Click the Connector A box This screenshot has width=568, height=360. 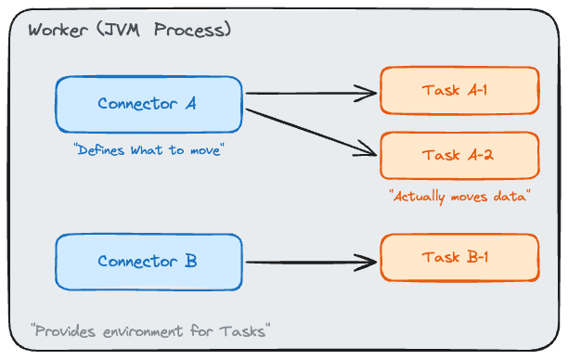(148, 103)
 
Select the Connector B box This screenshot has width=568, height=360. (148, 261)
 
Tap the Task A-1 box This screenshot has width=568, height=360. (459, 90)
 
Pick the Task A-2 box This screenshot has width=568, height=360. (459, 155)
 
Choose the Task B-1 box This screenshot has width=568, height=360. (459, 257)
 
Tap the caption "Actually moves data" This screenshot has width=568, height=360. (459, 197)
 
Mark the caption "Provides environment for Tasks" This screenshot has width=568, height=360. (150, 330)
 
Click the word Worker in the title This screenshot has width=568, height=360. (58, 30)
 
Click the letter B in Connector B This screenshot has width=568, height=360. (190, 261)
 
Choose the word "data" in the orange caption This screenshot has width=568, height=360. (510, 197)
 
